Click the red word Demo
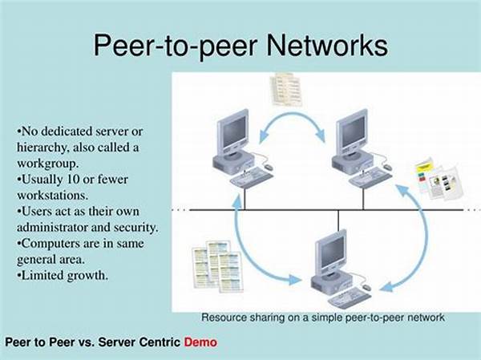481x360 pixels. pos(200,342)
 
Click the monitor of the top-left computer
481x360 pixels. pos(234,130)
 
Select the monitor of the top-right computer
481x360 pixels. pos(351,130)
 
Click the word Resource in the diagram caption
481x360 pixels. pos(222,318)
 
